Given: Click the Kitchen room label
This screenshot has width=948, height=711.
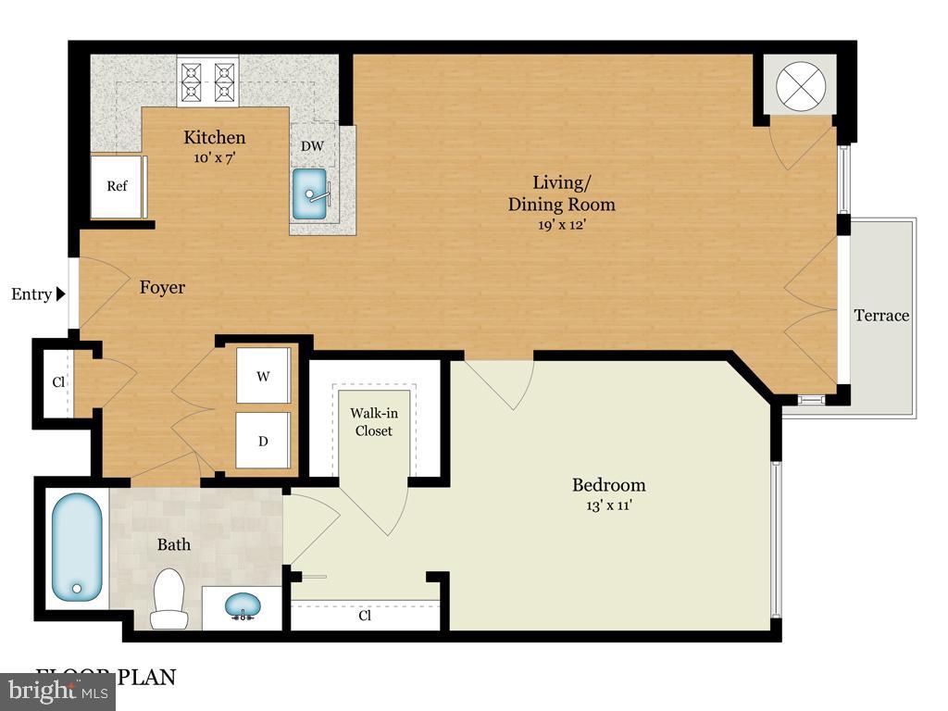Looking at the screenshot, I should [214, 138].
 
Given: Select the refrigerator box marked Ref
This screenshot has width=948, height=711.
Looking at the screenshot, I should [117, 186].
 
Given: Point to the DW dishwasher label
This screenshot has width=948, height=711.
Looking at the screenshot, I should [311, 146].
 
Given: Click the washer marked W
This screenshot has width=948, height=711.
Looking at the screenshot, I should [264, 376].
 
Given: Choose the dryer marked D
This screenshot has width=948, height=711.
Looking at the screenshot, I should [264, 441].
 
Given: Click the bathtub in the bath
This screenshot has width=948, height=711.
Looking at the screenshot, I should [76, 546].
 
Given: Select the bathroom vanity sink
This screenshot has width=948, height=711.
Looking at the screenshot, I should [243, 607].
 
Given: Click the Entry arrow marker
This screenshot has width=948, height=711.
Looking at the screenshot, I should [61, 294].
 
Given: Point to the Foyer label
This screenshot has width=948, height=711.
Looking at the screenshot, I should [162, 288].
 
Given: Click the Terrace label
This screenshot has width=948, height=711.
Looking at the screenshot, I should [881, 316].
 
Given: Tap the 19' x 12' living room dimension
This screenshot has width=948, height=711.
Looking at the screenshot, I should [561, 225].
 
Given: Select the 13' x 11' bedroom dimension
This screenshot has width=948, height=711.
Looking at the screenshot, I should [608, 505].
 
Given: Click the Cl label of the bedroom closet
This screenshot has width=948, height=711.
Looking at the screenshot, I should [366, 616].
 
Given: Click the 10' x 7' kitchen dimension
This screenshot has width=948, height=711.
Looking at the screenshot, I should [214, 157].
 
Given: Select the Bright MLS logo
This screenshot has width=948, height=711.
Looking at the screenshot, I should [57, 691].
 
